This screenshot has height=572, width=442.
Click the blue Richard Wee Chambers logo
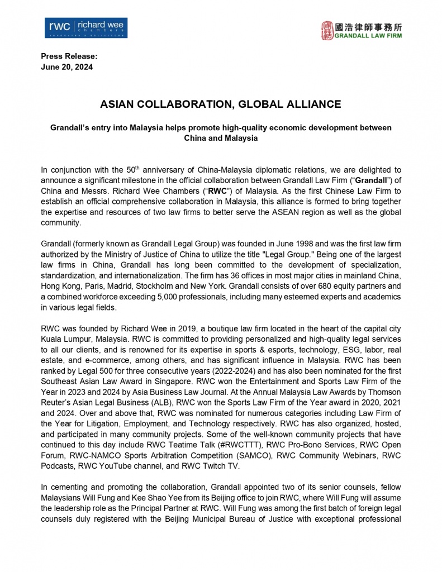pyautogui.click(x=87, y=28)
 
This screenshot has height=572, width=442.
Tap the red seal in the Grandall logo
pyautogui.click(x=327, y=31)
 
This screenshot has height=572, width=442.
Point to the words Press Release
pyautogui.click(x=69, y=56)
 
